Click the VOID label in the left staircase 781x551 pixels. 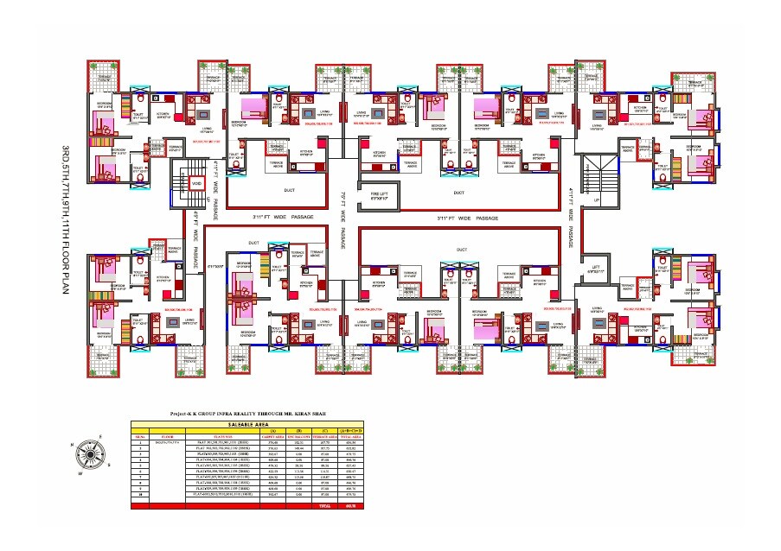coord(196,184)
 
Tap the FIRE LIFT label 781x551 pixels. coord(378,194)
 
